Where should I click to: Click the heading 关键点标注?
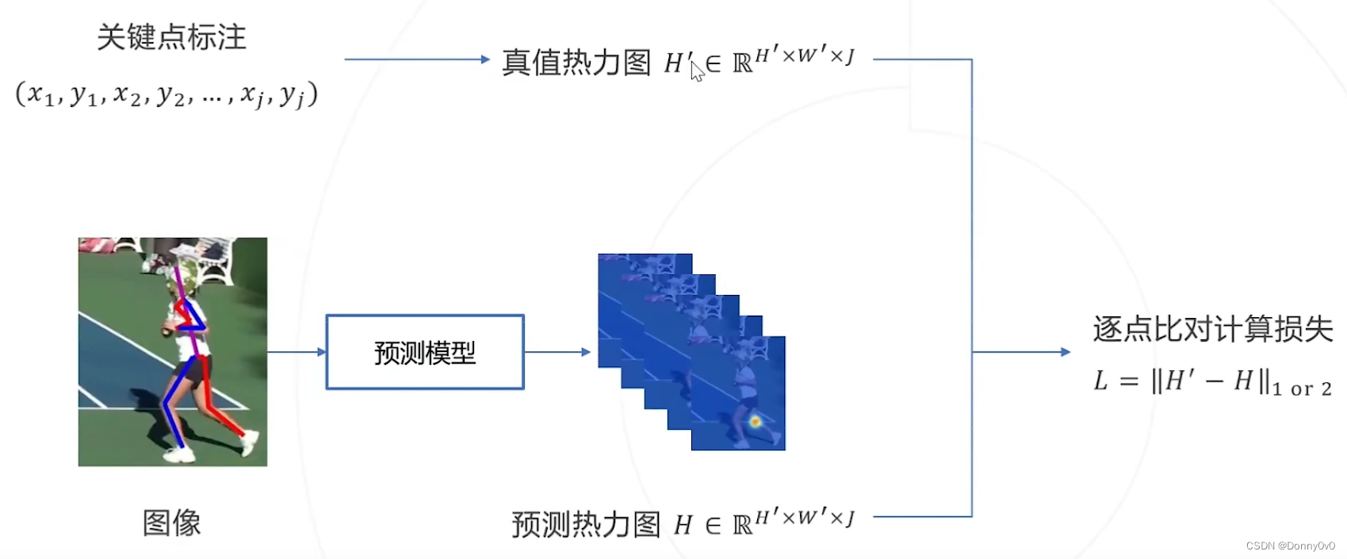point(171,37)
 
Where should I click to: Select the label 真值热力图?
point(576,63)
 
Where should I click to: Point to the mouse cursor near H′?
point(697,71)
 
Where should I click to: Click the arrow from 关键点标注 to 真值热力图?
point(417,59)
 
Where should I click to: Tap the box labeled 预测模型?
point(425,352)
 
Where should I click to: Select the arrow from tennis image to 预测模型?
point(297,352)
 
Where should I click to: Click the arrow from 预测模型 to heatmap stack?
point(557,352)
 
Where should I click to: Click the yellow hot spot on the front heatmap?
point(755,422)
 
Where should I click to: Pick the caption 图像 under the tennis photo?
point(171,523)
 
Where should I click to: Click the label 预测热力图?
point(586,524)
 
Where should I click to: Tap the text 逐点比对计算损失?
point(1213,329)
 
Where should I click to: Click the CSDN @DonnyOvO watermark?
point(1290,546)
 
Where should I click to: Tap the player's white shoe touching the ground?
point(178,455)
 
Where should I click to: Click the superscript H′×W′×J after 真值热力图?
point(805,56)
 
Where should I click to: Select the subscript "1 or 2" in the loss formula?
point(1303,389)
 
